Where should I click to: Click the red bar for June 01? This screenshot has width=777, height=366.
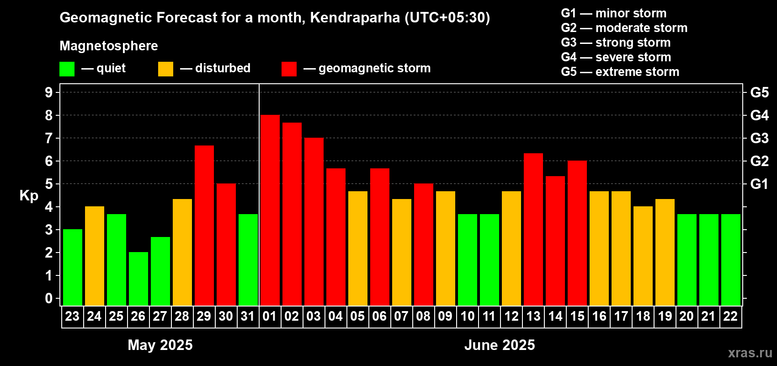click(x=270, y=210)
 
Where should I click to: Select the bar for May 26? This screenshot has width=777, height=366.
click(x=138, y=279)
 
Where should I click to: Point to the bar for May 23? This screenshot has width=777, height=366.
click(x=72, y=268)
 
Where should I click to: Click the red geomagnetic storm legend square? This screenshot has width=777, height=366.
click(x=289, y=69)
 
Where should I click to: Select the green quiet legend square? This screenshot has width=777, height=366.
click(x=67, y=69)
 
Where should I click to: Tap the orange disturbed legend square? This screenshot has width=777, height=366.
click(x=165, y=69)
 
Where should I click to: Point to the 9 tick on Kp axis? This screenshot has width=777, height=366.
click(x=49, y=92)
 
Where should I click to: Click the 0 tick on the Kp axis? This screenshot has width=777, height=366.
click(x=49, y=299)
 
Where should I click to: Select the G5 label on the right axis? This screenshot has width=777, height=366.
click(x=759, y=92)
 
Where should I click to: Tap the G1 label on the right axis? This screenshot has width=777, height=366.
click(x=759, y=184)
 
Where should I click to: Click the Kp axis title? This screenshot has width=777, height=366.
click(x=29, y=195)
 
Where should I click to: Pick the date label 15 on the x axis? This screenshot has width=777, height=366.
click(x=577, y=316)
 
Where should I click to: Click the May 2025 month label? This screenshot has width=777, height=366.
click(x=160, y=345)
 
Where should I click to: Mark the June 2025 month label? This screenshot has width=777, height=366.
click(x=500, y=345)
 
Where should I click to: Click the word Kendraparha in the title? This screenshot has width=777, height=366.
click(x=355, y=18)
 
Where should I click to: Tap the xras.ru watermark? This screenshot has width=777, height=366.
click(x=750, y=353)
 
